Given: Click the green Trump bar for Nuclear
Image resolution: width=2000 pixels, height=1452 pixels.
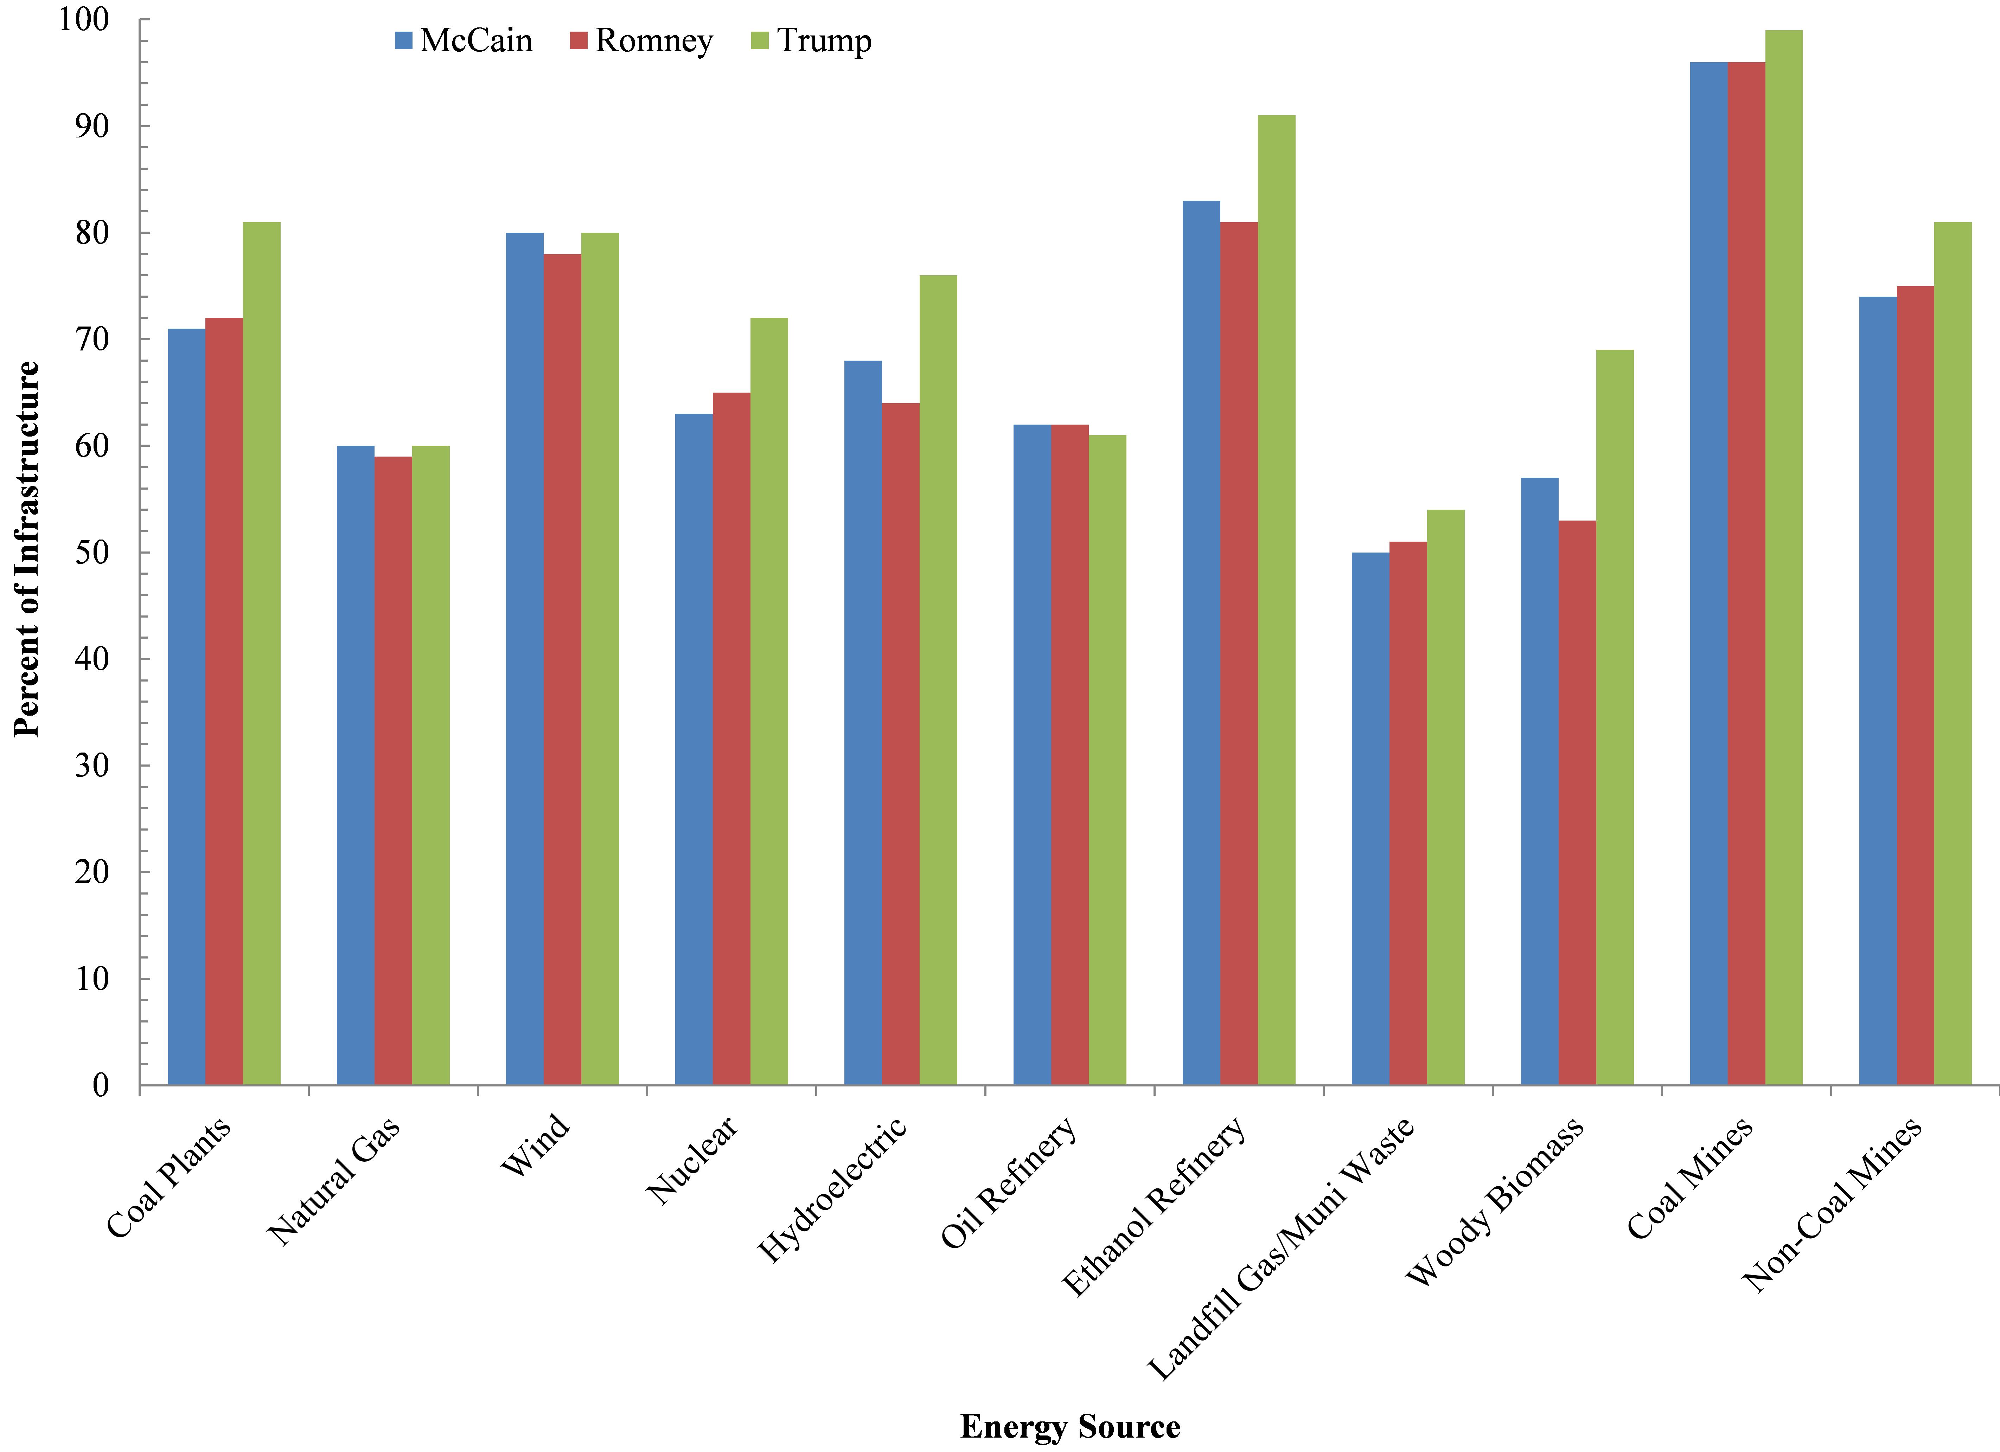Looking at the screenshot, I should click(769, 701).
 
